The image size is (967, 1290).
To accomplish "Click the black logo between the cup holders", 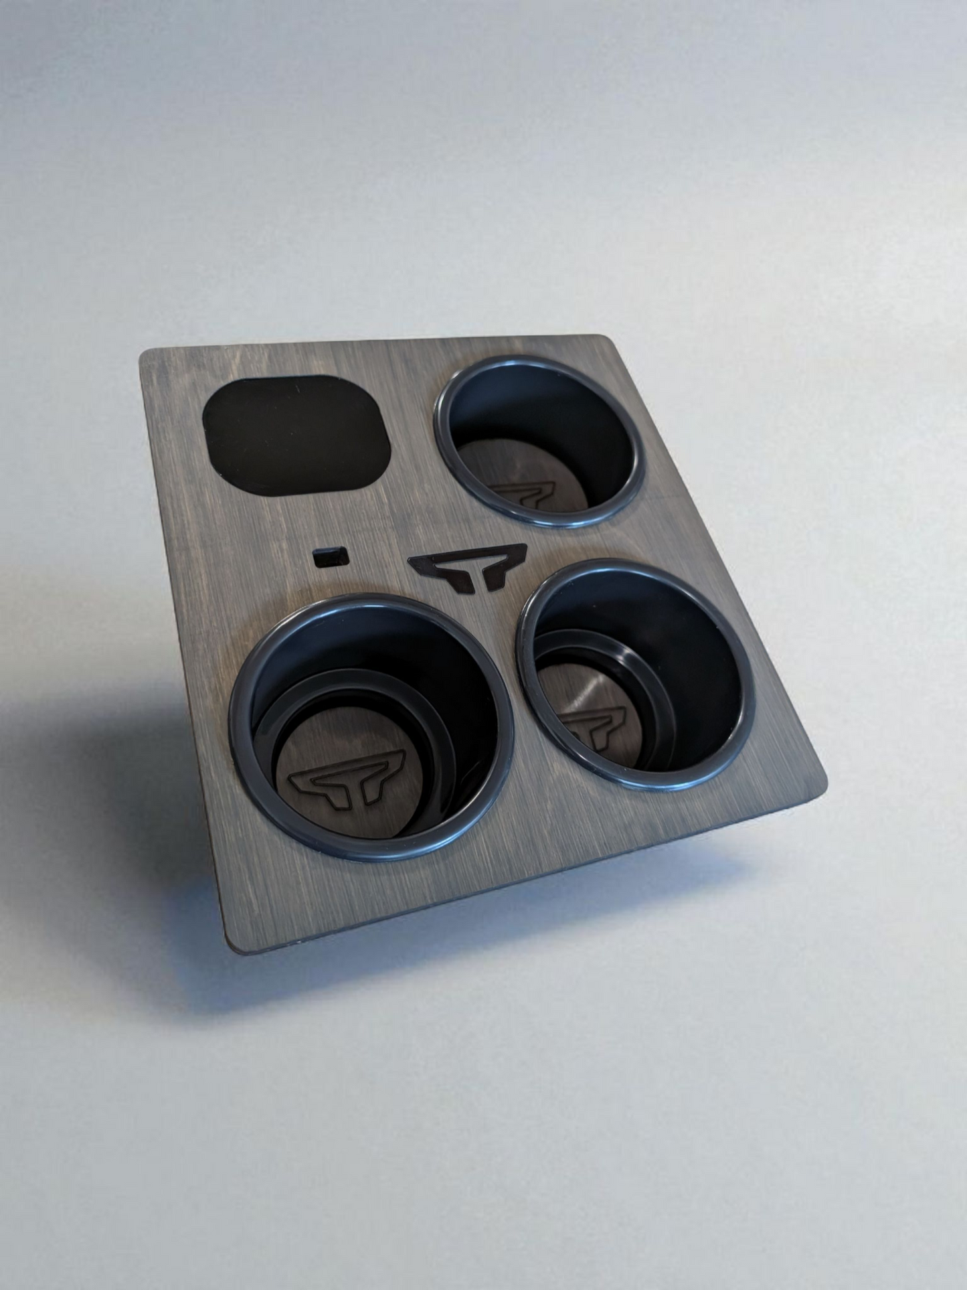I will coord(466,570).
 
